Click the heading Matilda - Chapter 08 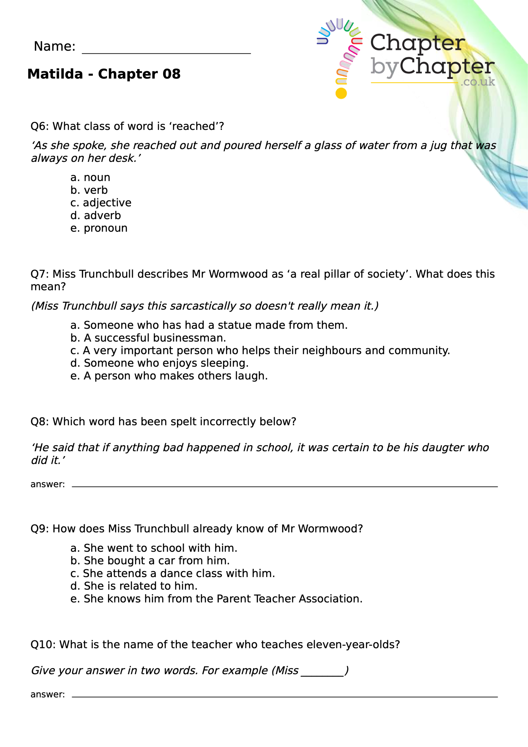(x=104, y=74)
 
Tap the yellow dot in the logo (x=341, y=93)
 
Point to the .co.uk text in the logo (x=478, y=82)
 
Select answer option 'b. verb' (x=89, y=190)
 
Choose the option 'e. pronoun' (x=99, y=228)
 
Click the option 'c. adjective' (x=101, y=203)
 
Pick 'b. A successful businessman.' (x=148, y=338)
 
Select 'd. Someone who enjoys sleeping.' (x=159, y=363)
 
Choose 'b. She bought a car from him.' (x=150, y=561)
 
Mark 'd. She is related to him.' (x=134, y=586)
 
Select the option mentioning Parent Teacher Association (x=216, y=599)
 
